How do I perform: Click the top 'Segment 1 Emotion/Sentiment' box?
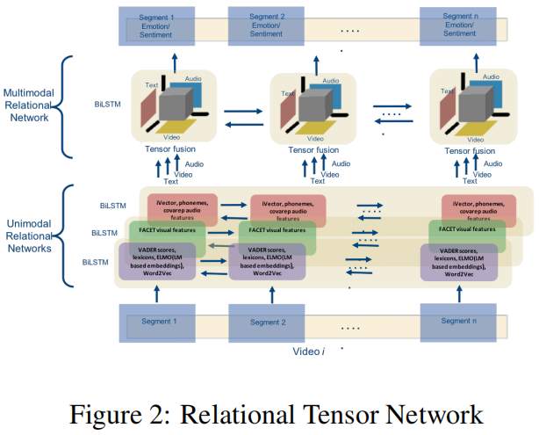point(152,26)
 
